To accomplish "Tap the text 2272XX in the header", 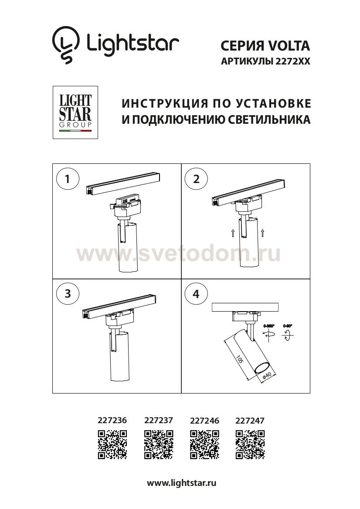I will click(x=293, y=62).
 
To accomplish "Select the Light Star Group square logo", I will click(x=75, y=112).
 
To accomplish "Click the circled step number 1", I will click(x=68, y=179).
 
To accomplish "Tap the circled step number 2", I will click(x=196, y=179).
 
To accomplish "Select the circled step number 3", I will click(x=68, y=293).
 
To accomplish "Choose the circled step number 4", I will click(x=196, y=293).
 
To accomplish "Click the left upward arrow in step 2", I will click(x=233, y=233).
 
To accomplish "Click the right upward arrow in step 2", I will click(x=264, y=233).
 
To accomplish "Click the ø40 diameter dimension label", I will click(x=268, y=376).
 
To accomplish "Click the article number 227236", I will click(x=112, y=421).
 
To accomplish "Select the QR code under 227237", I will click(x=159, y=444).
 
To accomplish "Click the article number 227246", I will click(x=205, y=421).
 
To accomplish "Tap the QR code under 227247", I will click(x=250, y=444).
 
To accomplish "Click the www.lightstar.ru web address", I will click(x=182, y=483).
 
